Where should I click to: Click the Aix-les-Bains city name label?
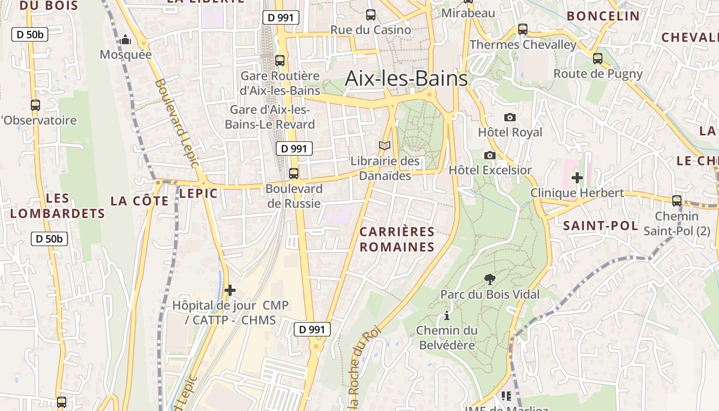tap(406, 79)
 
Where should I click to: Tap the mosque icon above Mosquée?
tap(126, 40)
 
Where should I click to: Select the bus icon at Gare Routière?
tap(280, 61)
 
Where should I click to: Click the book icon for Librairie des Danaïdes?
tap(385, 146)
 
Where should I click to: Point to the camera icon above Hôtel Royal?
tap(509, 117)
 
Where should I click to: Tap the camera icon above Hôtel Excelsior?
tap(490, 155)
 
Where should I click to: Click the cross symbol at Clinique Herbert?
tap(577, 178)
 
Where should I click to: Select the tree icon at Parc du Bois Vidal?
tap(490, 279)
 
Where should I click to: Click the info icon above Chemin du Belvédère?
tap(447, 315)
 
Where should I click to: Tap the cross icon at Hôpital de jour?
tap(230, 290)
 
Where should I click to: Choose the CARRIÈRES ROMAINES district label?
tap(397, 239)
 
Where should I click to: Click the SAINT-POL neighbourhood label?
tap(600, 226)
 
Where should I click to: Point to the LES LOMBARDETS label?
tap(58, 206)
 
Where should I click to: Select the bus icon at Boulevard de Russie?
tap(294, 174)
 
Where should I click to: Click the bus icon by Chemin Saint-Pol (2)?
tap(677, 201)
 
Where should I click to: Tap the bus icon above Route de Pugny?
tap(598, 59)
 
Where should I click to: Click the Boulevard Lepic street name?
tap(176, 123)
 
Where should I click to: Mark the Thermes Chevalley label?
tap(523, 45)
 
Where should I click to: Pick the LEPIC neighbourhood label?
tap(198, 193)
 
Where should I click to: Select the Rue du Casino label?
tap(370, 30)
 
